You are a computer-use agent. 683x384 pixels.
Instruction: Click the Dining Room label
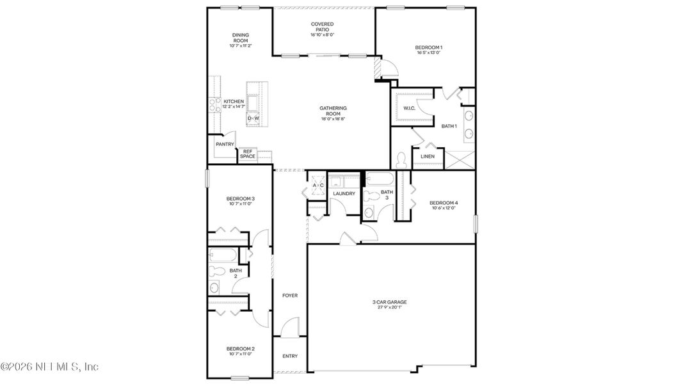(x=241, y=38)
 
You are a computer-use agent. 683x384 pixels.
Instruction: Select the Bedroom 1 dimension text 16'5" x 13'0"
(x=428, y=53)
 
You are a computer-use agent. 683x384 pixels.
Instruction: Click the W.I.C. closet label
(x=410, y=108)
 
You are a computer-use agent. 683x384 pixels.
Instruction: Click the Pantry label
(x=225, y=145)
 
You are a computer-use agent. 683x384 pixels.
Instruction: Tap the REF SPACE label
(x=248, y=154)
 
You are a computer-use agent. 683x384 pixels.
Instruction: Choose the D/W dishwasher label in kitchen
(x=253, y=118)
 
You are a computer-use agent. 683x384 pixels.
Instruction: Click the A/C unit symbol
(x=317, y=186)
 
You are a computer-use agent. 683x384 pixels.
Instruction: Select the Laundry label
(x=344, y=193)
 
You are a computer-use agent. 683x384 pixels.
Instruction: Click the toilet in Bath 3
(x=369, y=213)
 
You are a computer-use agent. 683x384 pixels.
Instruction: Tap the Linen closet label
(x=428, y=156)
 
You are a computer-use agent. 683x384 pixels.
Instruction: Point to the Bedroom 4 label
(x=444, y=203)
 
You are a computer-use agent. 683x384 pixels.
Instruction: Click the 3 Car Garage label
(x=389, y=301)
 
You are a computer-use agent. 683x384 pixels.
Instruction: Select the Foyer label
(x=290, y=295)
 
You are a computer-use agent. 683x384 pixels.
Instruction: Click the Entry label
(x=290, y=356)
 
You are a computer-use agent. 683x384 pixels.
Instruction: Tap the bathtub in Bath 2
(x=223, y=257)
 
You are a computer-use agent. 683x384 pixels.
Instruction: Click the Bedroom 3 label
(x=241, y=199)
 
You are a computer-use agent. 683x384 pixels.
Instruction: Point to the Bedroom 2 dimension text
(x=241, y=354)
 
